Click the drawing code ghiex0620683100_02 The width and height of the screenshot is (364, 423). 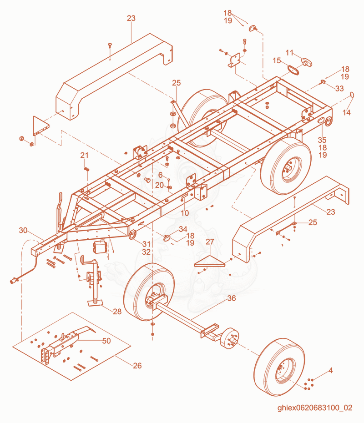click(x=315, y=408)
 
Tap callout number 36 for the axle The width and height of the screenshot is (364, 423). click(x=232, y=298)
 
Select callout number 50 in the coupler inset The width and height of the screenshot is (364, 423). click(x=106, y=341)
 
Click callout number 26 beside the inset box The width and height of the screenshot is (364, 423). click(x=137, y=366)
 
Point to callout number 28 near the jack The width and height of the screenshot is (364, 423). click(x=117, y=312)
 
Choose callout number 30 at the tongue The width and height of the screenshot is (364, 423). click(x=23, y=231)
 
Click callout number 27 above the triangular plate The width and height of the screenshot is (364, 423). click(x=210, y=242)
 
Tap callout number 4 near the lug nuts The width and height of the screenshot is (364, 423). click(x=331, y=370)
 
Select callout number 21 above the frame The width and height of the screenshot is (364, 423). click(x=85, y=156)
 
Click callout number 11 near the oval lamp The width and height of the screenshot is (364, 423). click(x=289, y=53)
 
